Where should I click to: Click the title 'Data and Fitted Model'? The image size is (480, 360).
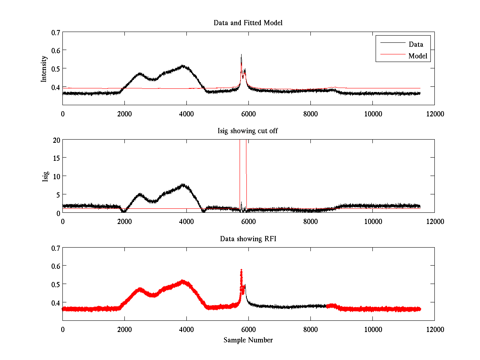pyautogui.click(x=248, y=23)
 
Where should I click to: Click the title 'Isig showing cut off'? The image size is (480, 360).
pyautogui.click(x=248, y=131)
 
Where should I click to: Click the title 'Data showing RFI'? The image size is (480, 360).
pyautogui.click(x=248, y=239)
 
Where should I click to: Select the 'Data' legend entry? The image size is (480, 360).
pyautogui.click(x=416, y=44)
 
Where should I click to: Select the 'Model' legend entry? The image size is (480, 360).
pyautogui.click(x=418, y=56)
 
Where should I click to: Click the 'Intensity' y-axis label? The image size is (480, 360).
pyautogui.click(x=44, y=69)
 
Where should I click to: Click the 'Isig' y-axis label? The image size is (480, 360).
pyautogui.click(x=45, y=176)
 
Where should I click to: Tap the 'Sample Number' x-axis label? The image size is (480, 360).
pyautogui.click(x=248, y=340)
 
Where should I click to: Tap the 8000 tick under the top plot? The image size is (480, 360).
pyautogui.click(x=310, y=114)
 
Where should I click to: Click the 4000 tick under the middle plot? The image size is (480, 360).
pyautogui.click(x=186, y=221)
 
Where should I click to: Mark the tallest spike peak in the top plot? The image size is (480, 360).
pyautogui.click(x=241, y=55)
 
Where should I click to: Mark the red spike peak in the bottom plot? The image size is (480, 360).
pyautogui.click(x=241, y=270)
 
